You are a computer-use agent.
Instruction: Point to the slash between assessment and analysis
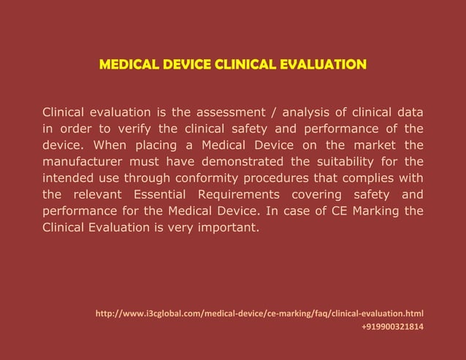pos(274,112)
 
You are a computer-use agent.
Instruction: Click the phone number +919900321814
pos(392,327)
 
